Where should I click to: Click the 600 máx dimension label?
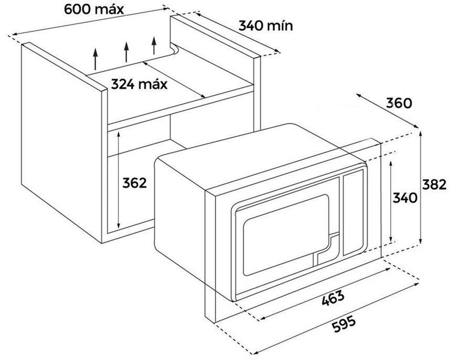[x=94, y=9]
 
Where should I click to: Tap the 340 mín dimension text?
[x=266, y=26]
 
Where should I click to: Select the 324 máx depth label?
[x=139, y=84]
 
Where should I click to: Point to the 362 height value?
[x=134, y=183]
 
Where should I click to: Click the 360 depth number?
[x=399, y=103]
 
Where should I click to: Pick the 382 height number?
[x=434, y=184]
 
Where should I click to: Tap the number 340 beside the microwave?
[x=404, y=198]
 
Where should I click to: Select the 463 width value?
[x=333, y=298]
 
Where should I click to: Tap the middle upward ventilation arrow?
[x=126, y=52]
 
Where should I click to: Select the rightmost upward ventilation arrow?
[x=154, y=46]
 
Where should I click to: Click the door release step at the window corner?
[x=326, y=248]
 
